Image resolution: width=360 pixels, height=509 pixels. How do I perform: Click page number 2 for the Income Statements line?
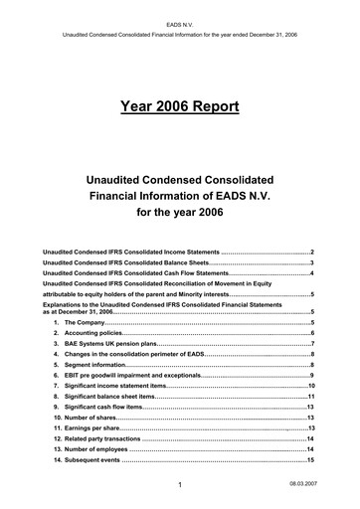click(x=312, y=254)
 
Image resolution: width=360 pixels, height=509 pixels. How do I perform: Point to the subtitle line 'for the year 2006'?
click(x=179, y=213)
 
